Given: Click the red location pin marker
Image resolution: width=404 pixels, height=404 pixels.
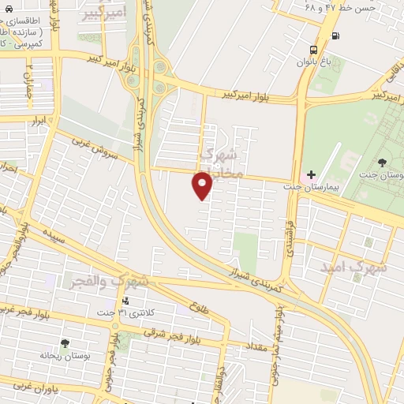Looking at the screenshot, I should click(x=203, y=186).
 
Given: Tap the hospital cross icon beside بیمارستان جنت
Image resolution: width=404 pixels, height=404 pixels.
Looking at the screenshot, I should click(x=311, y=174).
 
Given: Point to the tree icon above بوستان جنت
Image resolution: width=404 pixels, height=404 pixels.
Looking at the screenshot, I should click(x=382, y=163).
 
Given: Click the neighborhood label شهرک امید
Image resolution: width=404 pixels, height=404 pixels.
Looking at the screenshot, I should click(x=354, y=267).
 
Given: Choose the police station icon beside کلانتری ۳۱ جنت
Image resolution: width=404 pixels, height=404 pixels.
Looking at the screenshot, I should click(x=125, y=301).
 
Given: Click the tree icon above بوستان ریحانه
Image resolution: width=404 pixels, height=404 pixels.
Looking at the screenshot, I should click(x=65, y=344).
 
